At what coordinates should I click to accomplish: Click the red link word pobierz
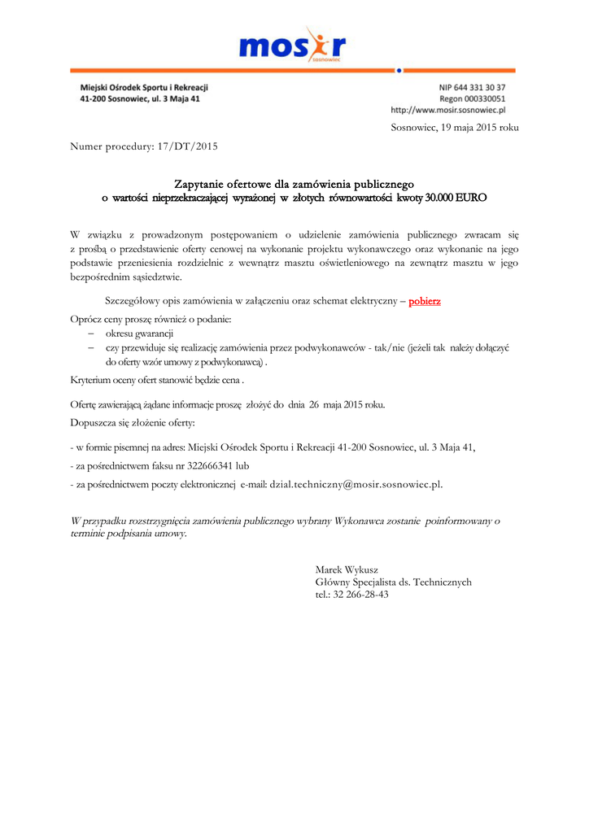coord(425,301)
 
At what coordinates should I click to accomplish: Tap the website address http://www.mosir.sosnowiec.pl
coord(448,109)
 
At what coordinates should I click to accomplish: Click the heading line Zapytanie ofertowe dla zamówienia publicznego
coord(294,185)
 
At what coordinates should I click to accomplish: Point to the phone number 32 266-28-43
coord(361,594)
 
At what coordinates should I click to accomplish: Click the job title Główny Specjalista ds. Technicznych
coord(393,582)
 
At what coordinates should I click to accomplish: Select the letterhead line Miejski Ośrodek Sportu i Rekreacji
coord(145,87)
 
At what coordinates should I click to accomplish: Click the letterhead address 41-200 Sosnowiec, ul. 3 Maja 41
coord(139,98)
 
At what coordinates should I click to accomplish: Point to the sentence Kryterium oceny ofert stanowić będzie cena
coord(155,380)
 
